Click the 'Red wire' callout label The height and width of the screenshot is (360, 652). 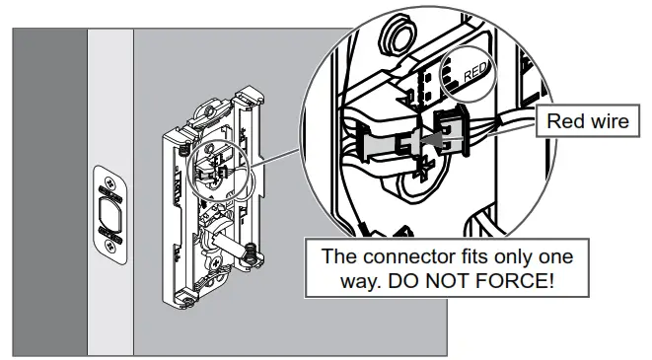tap(586, 123)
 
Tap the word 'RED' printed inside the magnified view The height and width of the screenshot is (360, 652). tap(474, 72)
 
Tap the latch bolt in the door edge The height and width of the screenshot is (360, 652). tap(107, 216)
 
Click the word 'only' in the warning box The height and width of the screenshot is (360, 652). tap(530, 256)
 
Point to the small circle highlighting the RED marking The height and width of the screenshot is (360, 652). tap(468, 75)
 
